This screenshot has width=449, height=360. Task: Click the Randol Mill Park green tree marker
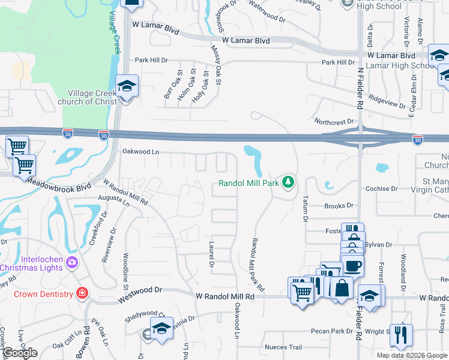289,181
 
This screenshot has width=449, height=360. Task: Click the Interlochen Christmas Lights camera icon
72,262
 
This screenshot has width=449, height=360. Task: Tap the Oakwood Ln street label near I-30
140,152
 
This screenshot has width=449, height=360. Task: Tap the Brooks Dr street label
339,205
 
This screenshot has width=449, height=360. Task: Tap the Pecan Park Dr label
331,331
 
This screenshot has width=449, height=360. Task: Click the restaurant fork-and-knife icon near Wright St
400,335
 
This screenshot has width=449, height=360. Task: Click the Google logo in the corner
20,352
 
